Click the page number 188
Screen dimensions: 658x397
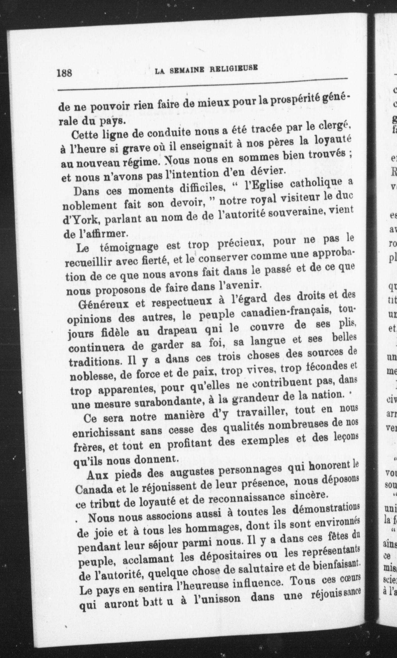pyautogui.click(x=64, y=73)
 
